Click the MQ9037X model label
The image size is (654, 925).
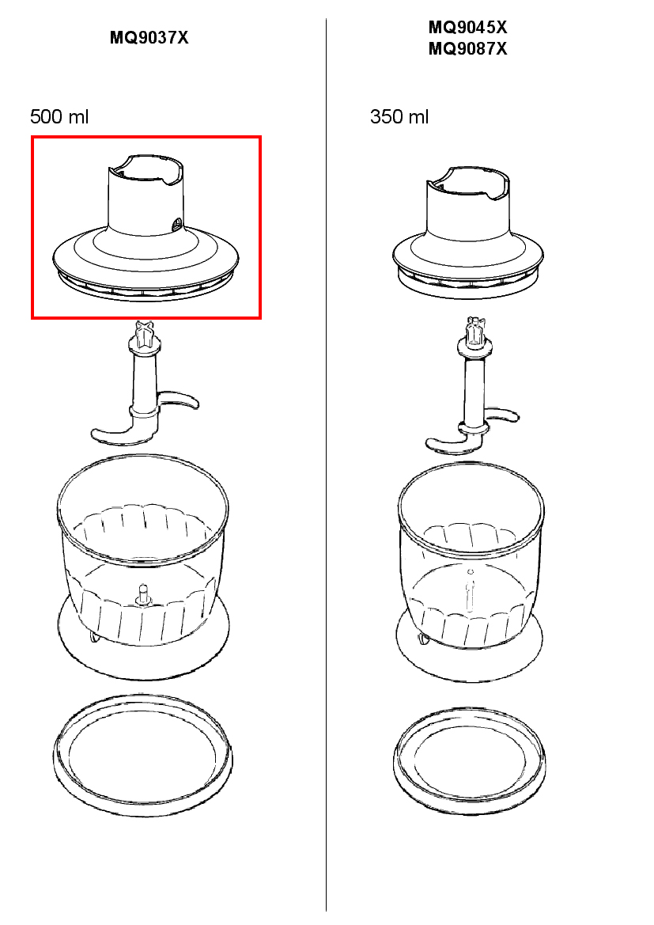pyautogui.click(x=149, y=38)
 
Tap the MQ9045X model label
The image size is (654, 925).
pyautogui.click(x=467, y=27)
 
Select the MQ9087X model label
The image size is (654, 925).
pyautogui.click(x=467, y=48)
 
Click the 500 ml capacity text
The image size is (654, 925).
pyautogui.click(x=59, y=116)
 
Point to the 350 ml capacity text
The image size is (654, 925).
pyautogui.click(x=399, y=116)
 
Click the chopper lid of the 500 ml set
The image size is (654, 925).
pyautogui.click(x=146, y=248)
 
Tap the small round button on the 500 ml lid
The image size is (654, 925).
pyautogui.click(x=176, y=224)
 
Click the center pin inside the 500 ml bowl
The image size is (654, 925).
pyautogui.click(x=142, y=595)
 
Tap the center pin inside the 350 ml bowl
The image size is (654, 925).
pyautogui.click(x=470, y=590)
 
